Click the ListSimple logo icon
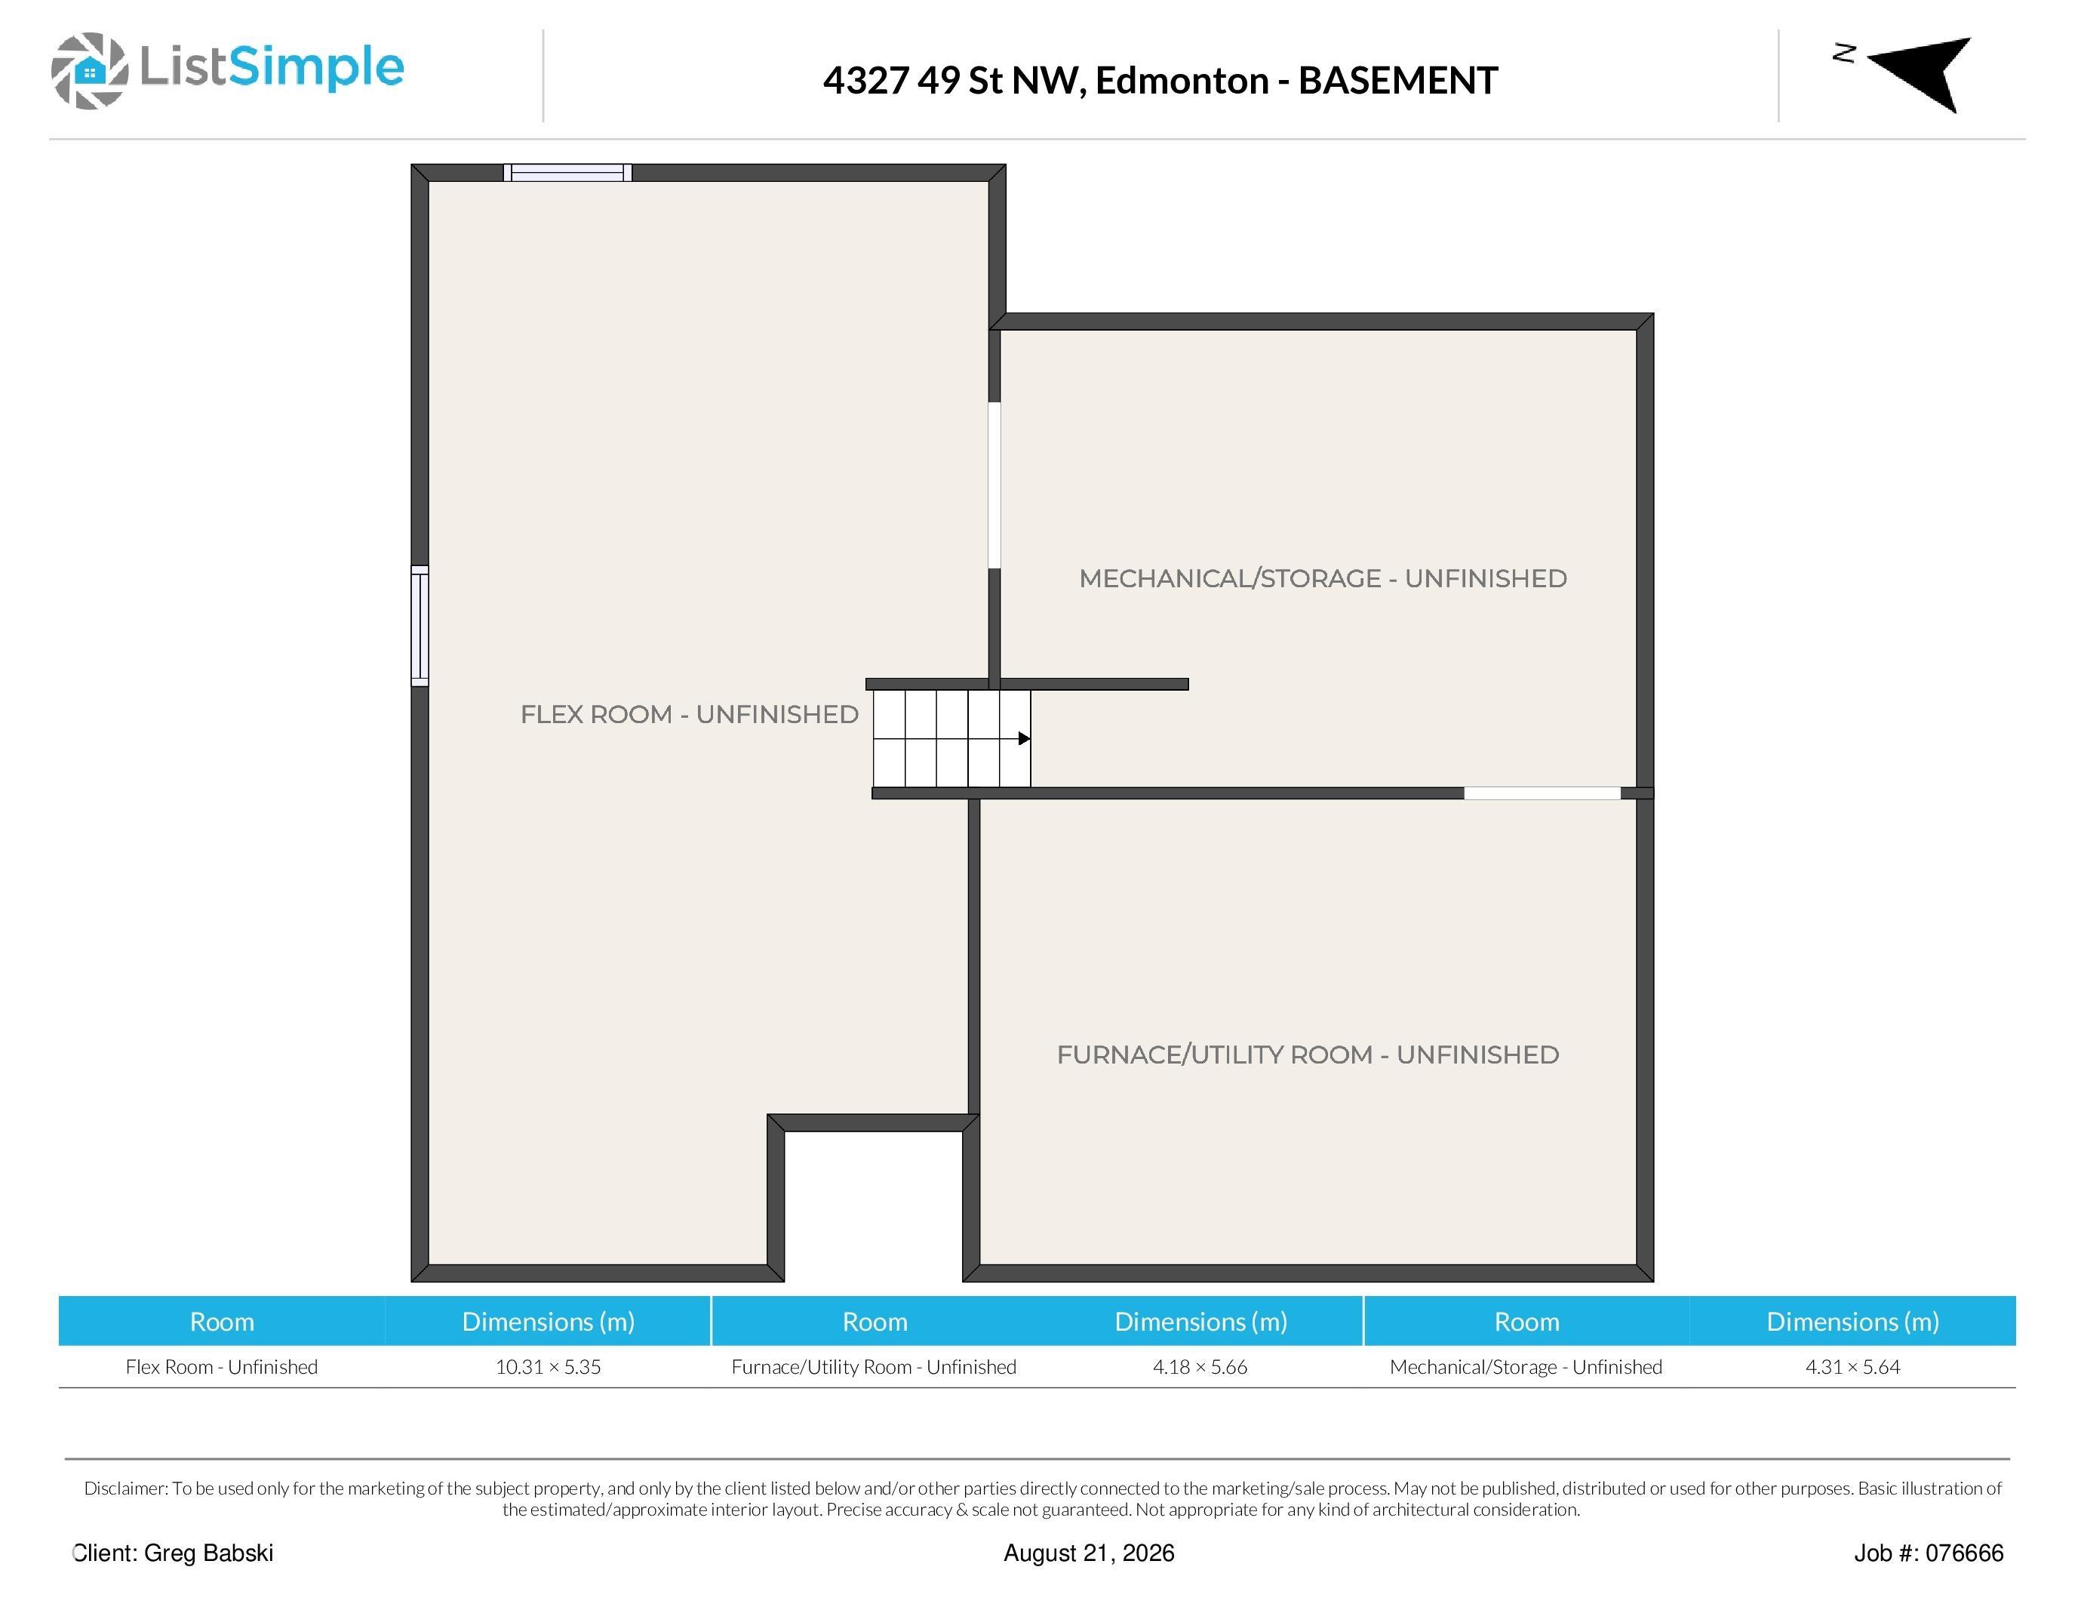point(89,70)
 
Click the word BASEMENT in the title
point(1397,81)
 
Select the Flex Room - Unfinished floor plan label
point(689,715)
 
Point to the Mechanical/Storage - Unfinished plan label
point(1323,579)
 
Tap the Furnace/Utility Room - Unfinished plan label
point(1308,1054)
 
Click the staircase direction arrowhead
point(1024,738)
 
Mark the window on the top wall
point(568,173)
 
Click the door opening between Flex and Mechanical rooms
point(994,485)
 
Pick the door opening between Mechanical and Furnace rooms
point(1542,793)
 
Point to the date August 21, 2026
point(1089,1553)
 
